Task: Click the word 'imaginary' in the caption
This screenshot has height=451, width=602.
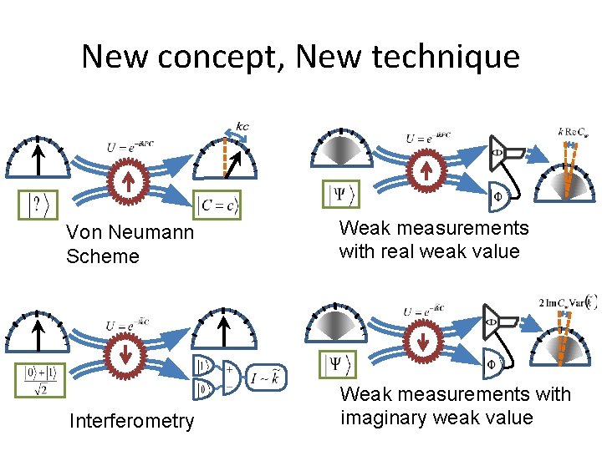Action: click(383, 417)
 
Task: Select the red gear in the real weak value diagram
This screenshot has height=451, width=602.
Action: click(425, 172)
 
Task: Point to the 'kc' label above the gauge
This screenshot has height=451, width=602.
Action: click(242, 127)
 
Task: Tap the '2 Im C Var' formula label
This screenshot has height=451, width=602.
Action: click(568, 302)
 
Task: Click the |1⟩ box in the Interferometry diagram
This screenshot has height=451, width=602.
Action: click(202, 365)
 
